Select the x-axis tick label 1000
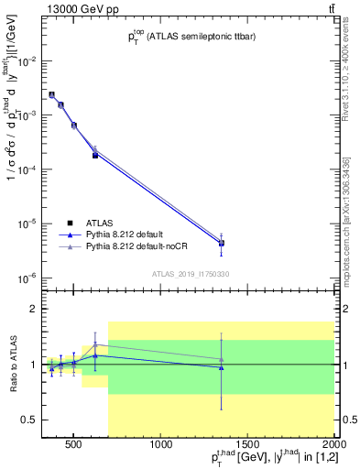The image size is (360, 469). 163,445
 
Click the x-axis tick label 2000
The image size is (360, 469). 333,445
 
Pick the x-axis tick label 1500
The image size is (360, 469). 248,445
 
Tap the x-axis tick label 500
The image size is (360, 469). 77,445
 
